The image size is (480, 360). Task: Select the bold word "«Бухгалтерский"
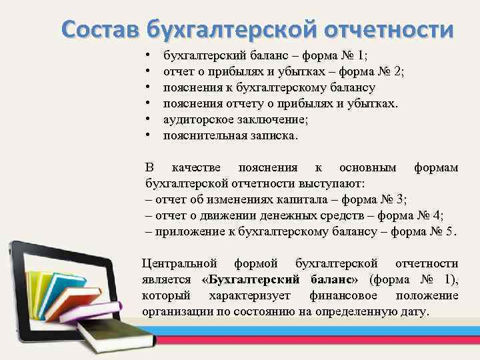(x=249, y=279)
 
